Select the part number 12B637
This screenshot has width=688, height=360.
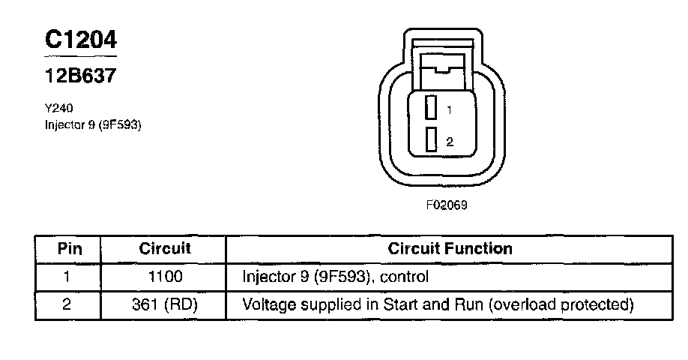80,76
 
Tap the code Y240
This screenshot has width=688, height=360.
58,108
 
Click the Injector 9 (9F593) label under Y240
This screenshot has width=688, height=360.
94,124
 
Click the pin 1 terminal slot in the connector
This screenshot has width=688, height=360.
431,108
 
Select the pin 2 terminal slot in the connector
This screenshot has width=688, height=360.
431,140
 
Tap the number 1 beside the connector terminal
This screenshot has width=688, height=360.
449,110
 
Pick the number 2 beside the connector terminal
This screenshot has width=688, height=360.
449,142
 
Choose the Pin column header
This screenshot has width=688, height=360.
68,248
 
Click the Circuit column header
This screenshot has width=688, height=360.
165,248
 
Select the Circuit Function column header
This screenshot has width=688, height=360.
450,248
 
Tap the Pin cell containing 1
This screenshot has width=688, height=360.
67,277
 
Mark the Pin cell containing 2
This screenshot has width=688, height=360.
67,305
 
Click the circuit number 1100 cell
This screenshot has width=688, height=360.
165,277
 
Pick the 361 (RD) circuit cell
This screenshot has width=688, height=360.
165,305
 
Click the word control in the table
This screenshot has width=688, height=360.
405,277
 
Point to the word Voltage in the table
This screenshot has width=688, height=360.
268,305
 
